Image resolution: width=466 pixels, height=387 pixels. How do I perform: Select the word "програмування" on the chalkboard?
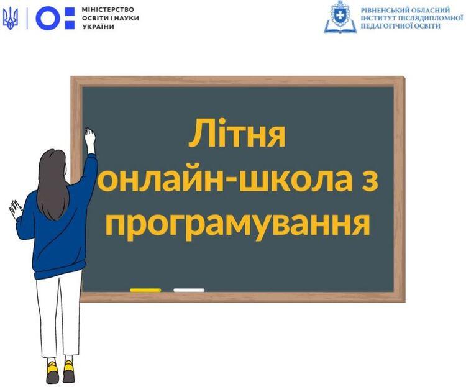pos(238,225)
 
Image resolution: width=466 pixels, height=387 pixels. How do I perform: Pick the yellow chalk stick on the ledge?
pos(145,290)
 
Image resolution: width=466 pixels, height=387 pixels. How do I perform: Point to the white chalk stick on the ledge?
pos(189,290)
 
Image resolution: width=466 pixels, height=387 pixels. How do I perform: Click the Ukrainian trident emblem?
pos(11,19)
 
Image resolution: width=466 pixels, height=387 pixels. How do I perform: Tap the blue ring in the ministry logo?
pos(48,19)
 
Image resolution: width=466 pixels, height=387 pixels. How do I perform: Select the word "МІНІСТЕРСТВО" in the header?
pos(107,10)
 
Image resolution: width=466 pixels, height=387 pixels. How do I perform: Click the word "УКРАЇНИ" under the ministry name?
pos(98,27)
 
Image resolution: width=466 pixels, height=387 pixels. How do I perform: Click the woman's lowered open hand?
pos(15,209)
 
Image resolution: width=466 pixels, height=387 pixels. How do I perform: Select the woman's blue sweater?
pos(57,229)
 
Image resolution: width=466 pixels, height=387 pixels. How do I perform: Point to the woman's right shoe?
pos(69,371)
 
